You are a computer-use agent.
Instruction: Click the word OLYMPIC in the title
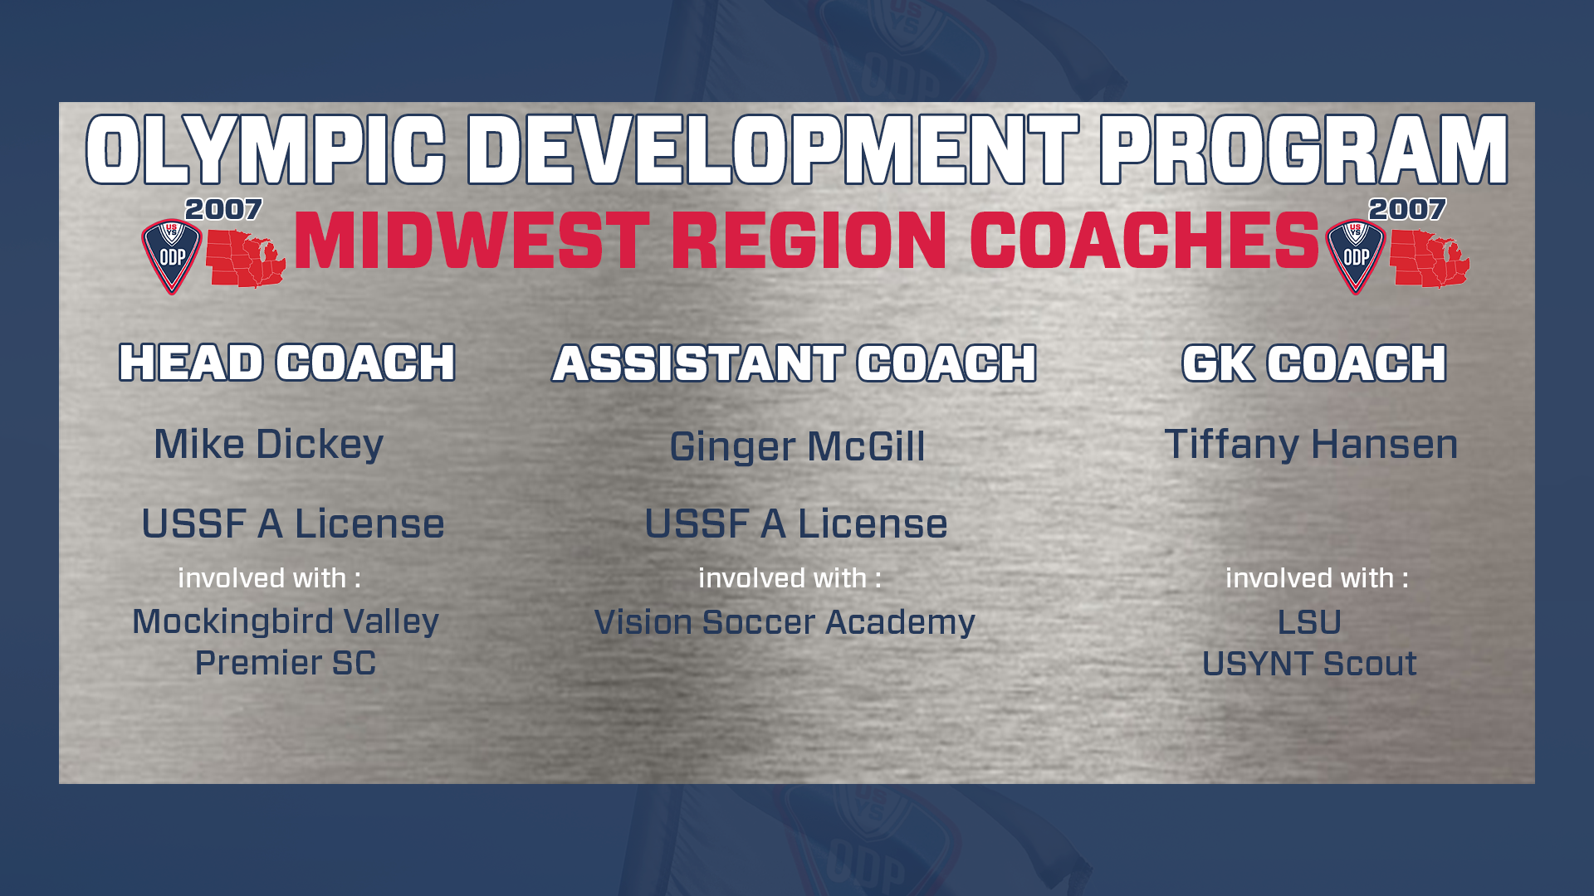pos(266,149)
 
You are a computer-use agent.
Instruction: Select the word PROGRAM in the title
pos(1303,149)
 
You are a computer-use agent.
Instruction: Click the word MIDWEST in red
pos(472,241)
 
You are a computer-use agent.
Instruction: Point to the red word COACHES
pos(1144,241)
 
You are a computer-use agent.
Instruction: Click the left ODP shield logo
pos(172,256)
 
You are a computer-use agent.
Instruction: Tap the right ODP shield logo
pos(1356,256)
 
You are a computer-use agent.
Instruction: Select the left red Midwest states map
pos(246,259)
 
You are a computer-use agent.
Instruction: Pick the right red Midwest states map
pos(1430,259)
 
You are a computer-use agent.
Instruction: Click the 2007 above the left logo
pos(223,209)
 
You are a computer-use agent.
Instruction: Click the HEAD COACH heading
pos(287,363)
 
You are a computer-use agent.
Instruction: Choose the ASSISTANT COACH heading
pos(795,363)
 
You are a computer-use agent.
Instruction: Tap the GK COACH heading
pos(1314,363)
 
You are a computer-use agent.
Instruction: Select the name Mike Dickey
pos(269,444)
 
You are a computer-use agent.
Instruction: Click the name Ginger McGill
pos(797,446)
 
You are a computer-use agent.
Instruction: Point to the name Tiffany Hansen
pos(1311,444)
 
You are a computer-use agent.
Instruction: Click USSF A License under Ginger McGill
pos(796,523)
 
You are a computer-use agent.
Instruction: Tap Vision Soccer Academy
pos(785,622)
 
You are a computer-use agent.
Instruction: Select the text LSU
pos(1309,622)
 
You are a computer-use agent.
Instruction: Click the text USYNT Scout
pos(1309,664)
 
